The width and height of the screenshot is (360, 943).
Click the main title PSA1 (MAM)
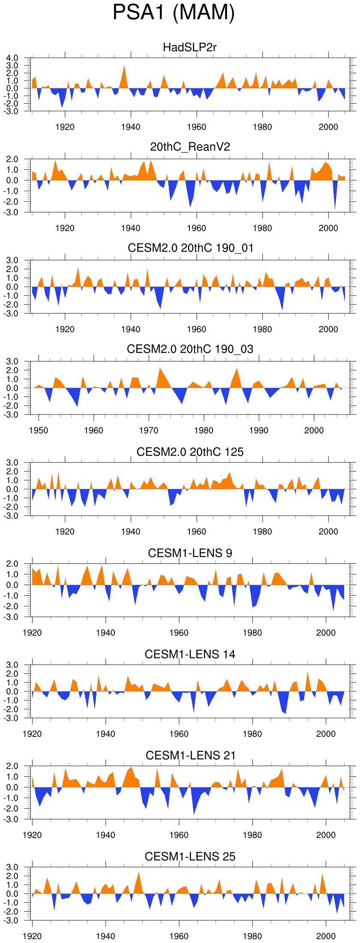tap(174, 12)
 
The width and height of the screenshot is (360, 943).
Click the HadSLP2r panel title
tap(190, 47)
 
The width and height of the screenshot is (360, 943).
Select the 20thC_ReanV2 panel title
tap(190, 147)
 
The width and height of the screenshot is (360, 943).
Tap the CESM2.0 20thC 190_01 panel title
tap(190, 248)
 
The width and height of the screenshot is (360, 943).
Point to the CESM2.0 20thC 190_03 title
tap(190, 349)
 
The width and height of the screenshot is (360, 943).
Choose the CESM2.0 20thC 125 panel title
tap(190, 452)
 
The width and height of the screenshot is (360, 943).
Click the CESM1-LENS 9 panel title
tap(190, 553)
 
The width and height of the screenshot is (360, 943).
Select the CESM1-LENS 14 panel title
tap(190, 655)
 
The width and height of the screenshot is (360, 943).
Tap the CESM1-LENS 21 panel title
tap(190, 756)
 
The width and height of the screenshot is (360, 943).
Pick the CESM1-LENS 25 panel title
tap(190, 857)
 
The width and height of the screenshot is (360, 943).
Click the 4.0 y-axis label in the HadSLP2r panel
tap(12, 58)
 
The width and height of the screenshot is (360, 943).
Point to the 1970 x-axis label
tap(149, 430)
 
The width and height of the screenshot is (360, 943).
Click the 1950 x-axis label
tap(39, 430)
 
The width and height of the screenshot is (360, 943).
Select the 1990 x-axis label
tap(259, 430)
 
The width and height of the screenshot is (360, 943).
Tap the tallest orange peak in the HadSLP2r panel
tap(124, 66)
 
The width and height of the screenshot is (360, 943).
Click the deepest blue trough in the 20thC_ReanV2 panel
tap(335, 208)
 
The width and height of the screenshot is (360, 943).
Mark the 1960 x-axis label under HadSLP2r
tap(196, 127)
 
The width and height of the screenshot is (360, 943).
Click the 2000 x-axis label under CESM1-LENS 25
tap(326, 936)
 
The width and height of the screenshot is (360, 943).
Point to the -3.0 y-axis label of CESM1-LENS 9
tap(12, 617)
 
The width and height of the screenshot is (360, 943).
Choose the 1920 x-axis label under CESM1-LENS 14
tap(32, 734)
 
